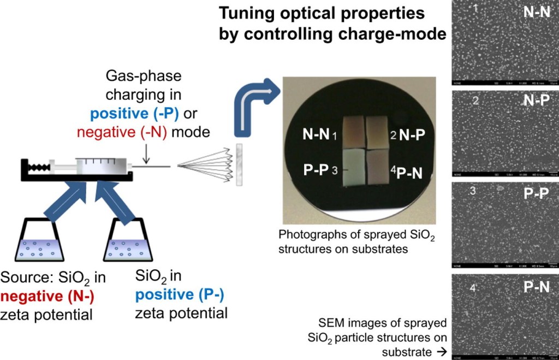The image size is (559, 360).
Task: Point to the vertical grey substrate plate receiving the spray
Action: [239, 164]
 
